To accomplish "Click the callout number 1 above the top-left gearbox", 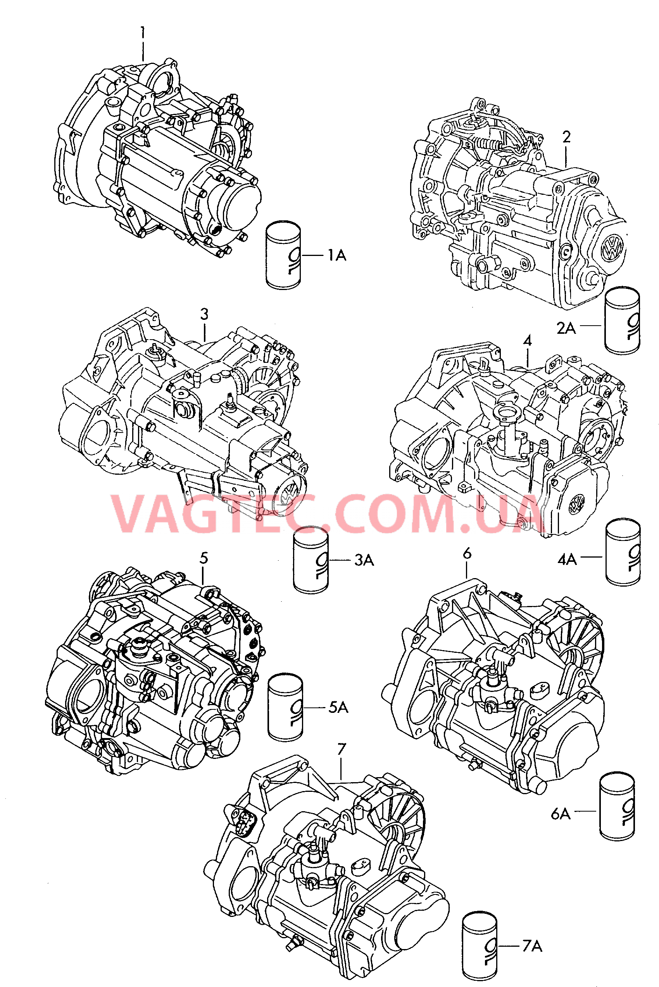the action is pos(143,32).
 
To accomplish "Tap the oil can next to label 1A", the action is pos(283,255).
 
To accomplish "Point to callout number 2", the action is pos(566,137).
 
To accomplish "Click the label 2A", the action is pos(566,328).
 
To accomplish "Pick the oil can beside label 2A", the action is pos(622,321).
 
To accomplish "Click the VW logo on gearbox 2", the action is pos(612,248).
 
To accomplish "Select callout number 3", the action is pos(204,314).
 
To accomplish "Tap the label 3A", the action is pos(364,560).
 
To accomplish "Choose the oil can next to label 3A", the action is pos(311,560).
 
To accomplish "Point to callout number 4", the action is pos(528,340).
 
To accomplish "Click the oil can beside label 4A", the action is pos(623,552).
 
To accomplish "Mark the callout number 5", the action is pos(204,558).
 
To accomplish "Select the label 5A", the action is pos(338,707).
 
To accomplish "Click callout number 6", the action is pos(467,554).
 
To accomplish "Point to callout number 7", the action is pos(342,749).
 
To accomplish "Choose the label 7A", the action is pos(532,946).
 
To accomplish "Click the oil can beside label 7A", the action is pos(480,946).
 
